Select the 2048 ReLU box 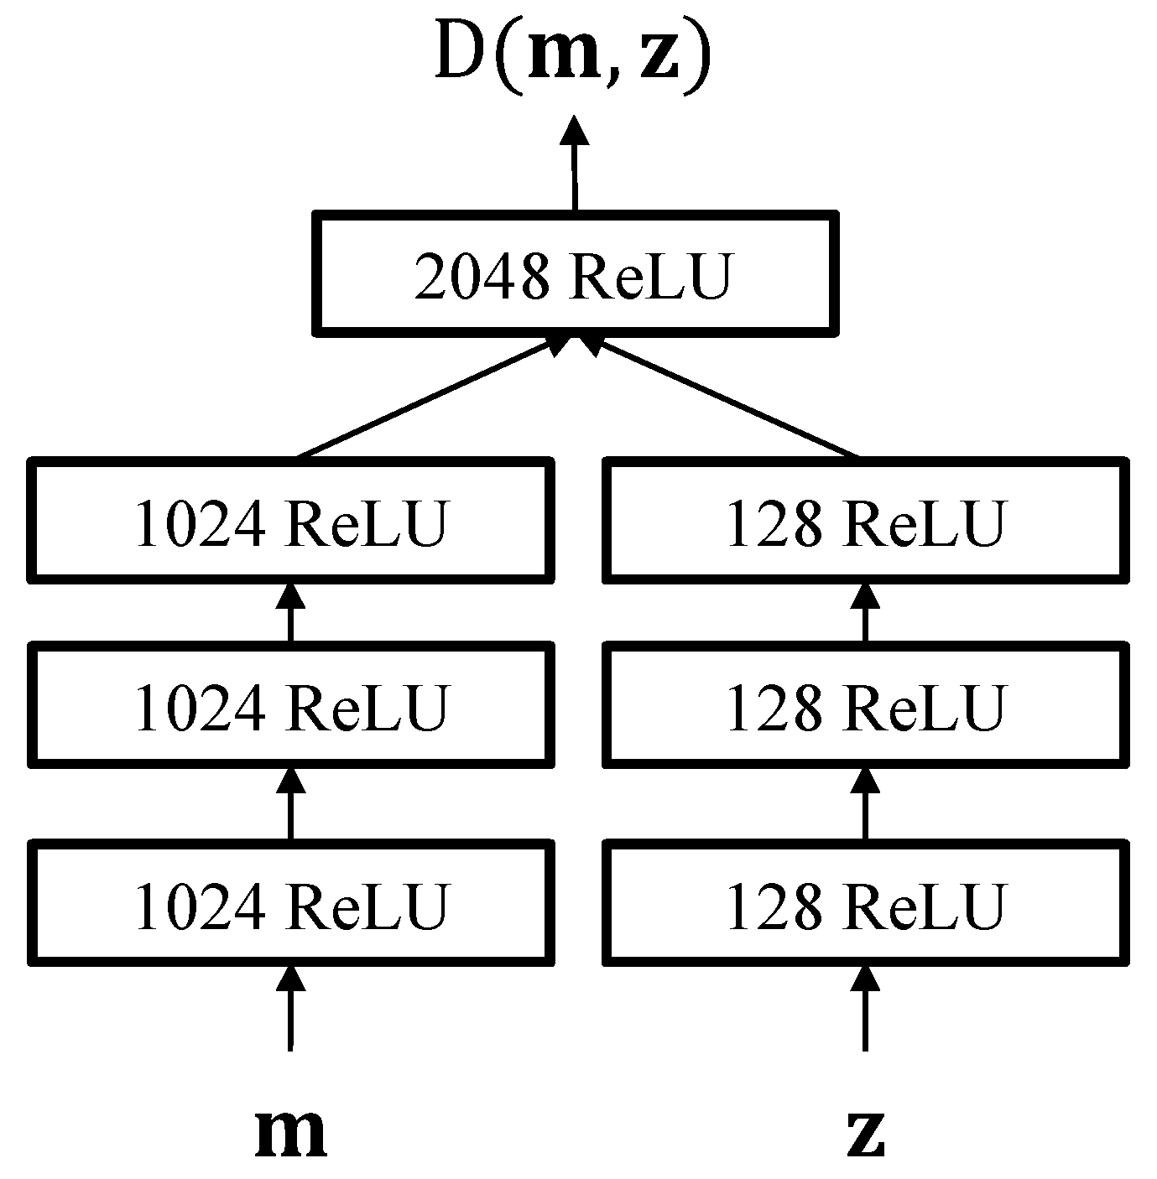575,273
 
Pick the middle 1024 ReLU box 290,704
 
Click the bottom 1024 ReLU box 290,903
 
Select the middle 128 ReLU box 865,704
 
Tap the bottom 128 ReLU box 865,903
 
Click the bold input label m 290,1132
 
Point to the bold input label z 865,1132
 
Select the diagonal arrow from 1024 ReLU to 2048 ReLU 428,398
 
